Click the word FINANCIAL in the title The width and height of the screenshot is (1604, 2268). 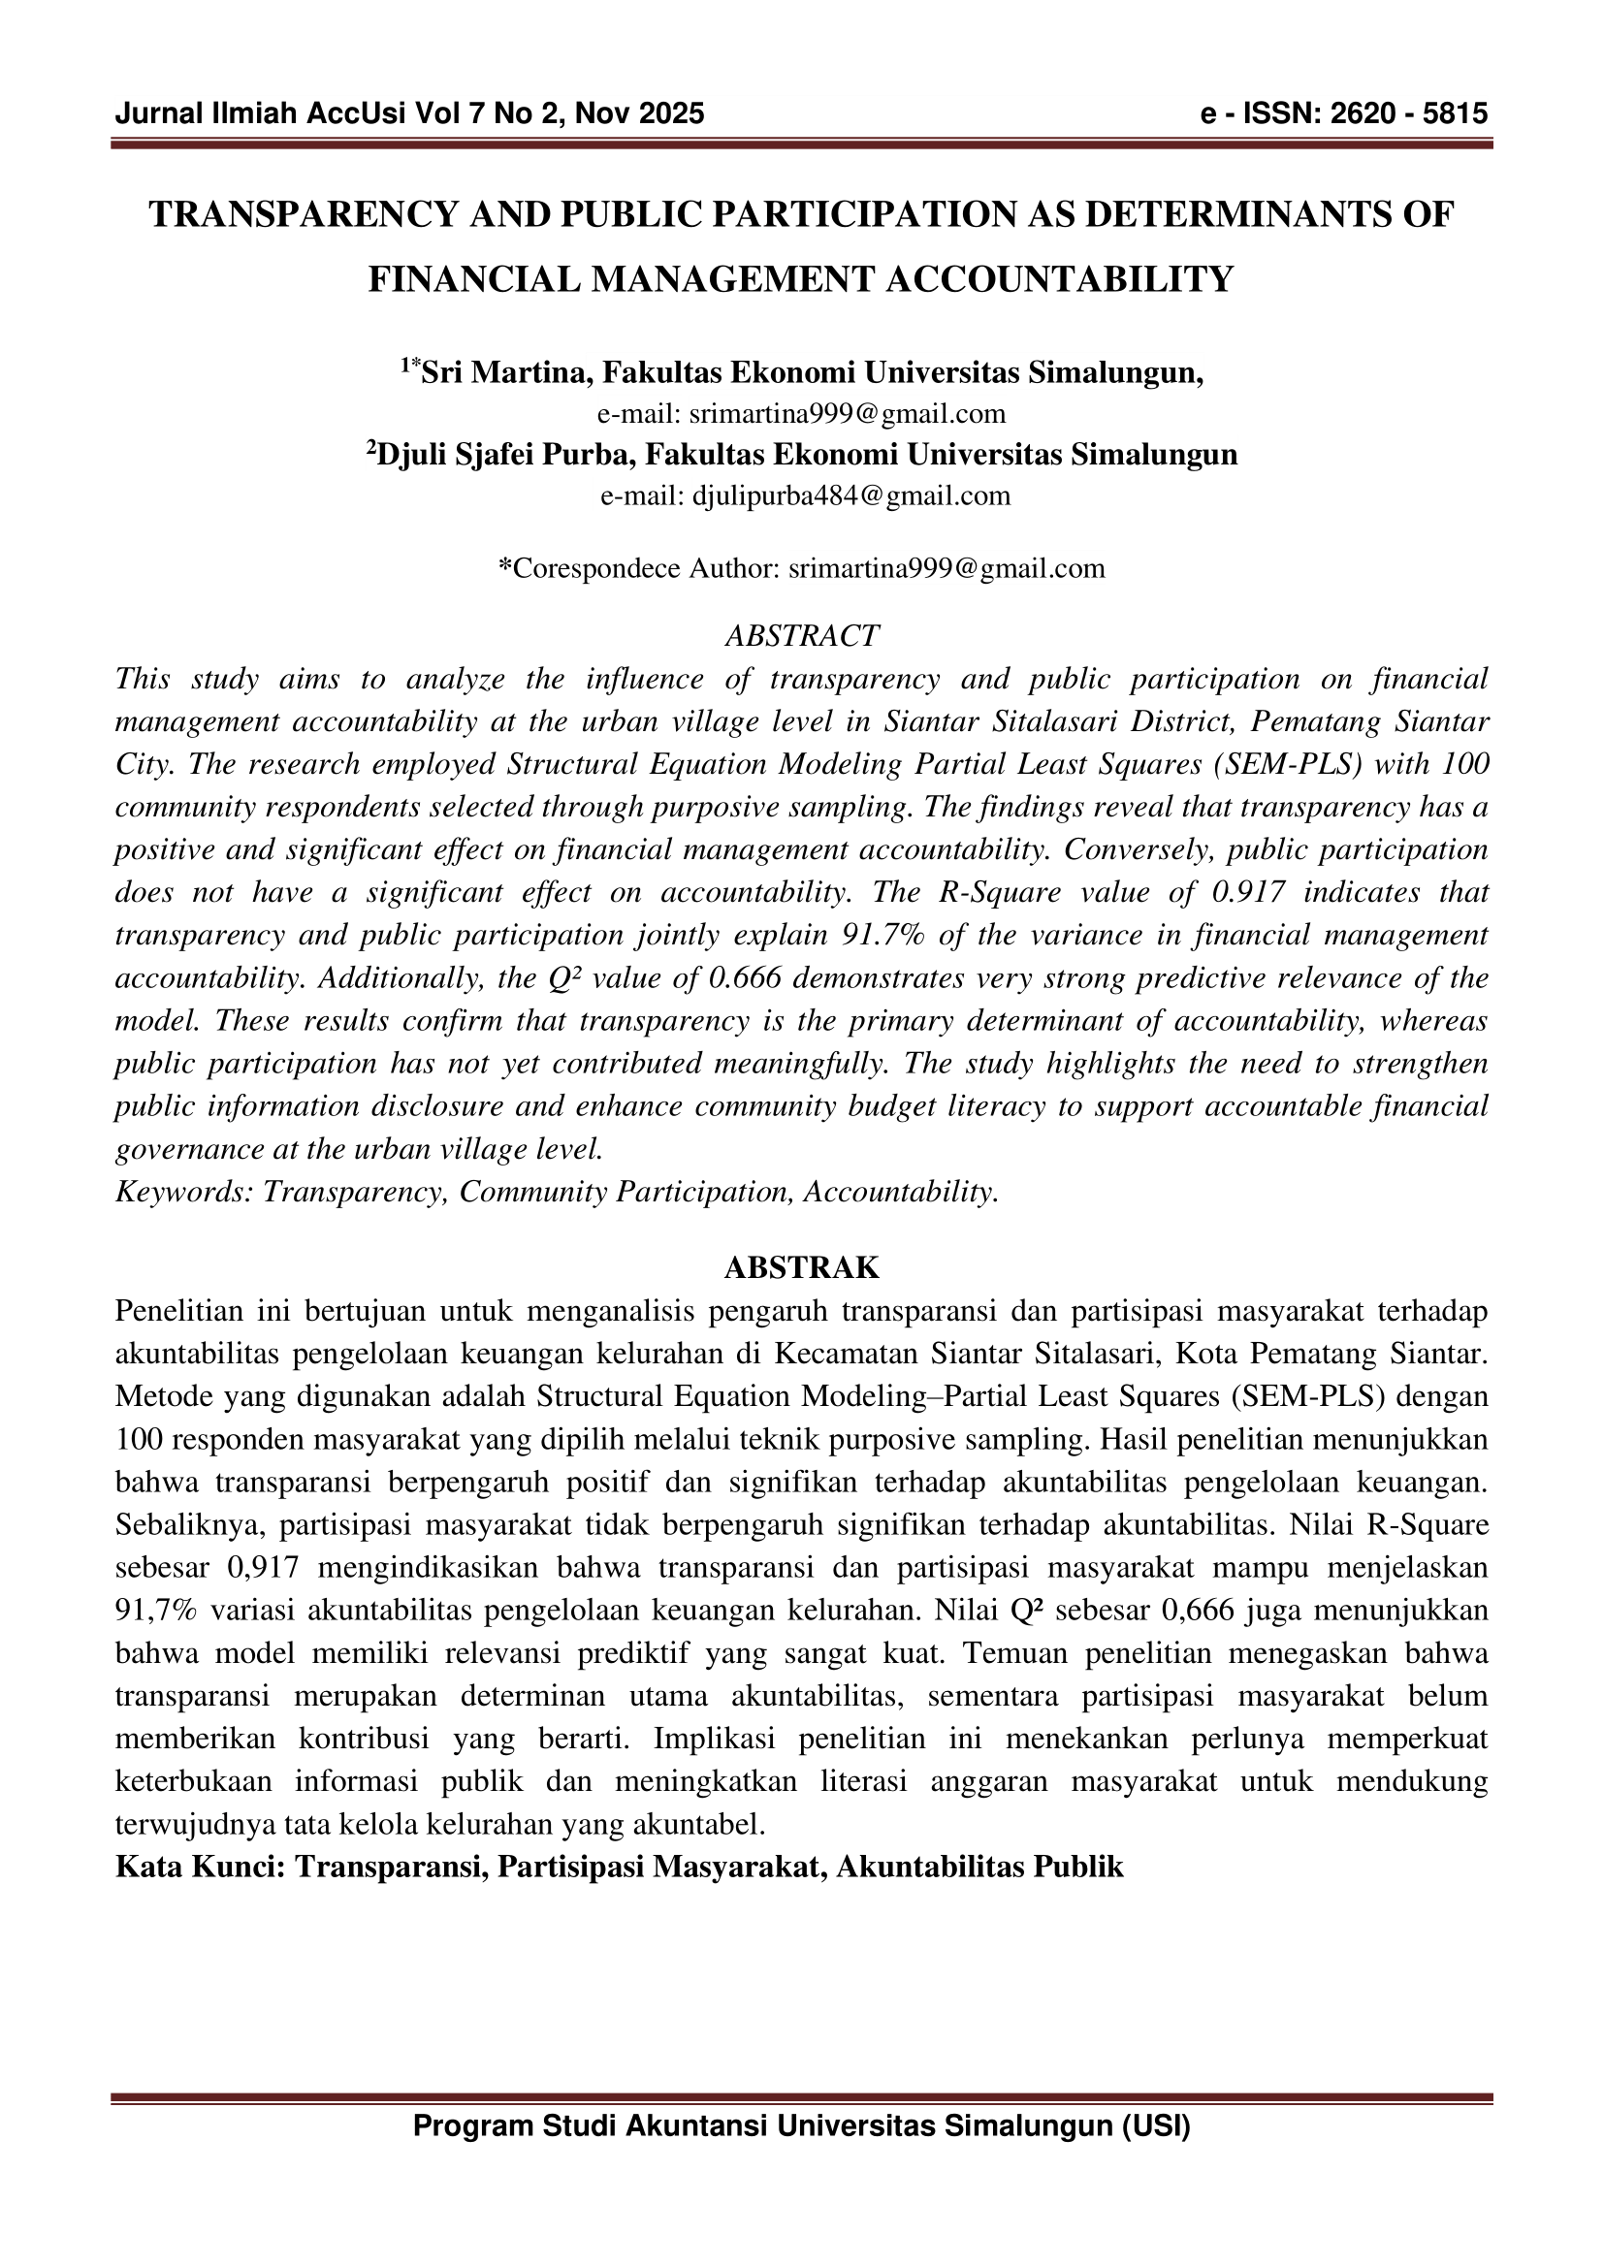pos(474,279)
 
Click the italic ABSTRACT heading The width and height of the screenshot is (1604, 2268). pos(801,635)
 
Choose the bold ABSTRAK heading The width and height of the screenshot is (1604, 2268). pos(801,1267)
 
